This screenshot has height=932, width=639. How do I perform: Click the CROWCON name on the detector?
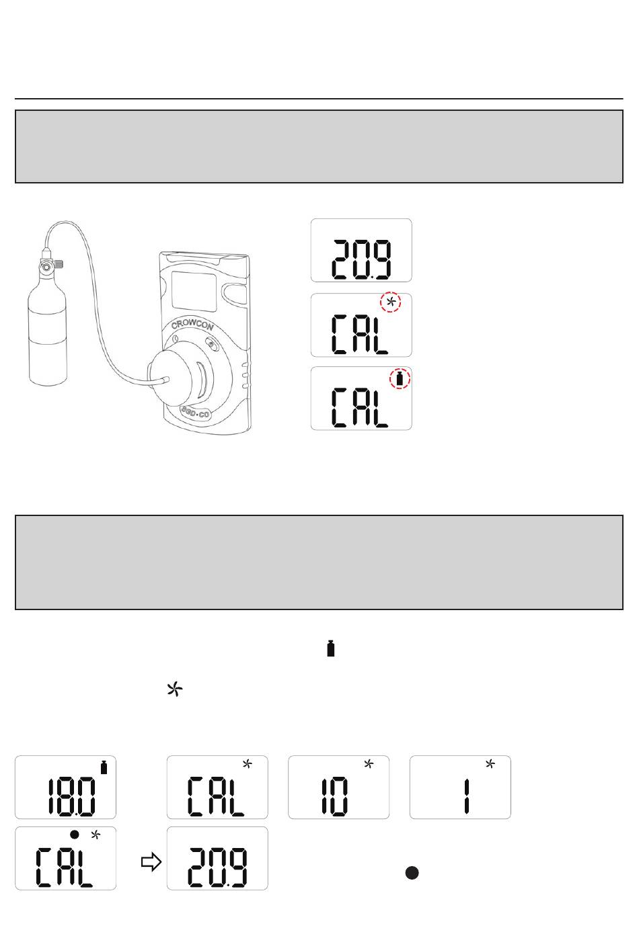click(x=192, y=324)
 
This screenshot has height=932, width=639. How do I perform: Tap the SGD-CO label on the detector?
click(x=195, y=413)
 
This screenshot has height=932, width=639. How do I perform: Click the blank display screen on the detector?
click(x=194, y=291)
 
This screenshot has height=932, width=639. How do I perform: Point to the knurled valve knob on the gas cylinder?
click(x=59, y=264)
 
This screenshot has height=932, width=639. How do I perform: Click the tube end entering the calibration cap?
click(x=165, y=380)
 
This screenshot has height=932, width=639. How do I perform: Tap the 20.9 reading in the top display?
click(x=361, y=259)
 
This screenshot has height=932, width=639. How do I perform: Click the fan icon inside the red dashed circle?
click(x=391, y=302)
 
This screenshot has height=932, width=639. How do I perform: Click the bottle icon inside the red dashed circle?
click(x=400, y=378)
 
